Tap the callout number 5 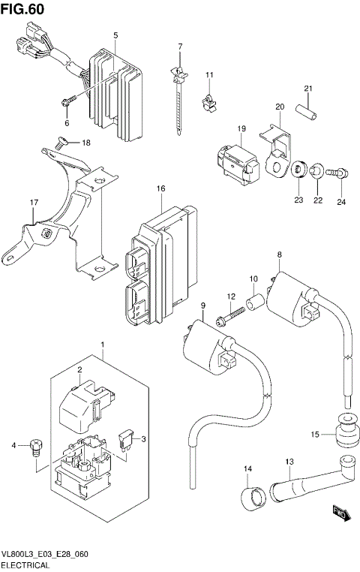click(115, 35)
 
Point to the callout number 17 click(34, 203)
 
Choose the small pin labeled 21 click(307, 109)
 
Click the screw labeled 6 click(68, 98)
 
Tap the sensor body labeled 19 click(232, 160)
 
